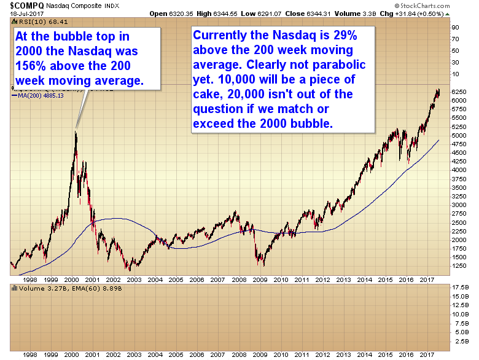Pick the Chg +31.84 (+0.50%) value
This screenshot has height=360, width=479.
click(438, 12)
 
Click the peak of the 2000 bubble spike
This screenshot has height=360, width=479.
click(76, 130)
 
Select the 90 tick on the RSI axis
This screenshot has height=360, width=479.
click(456, 28)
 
